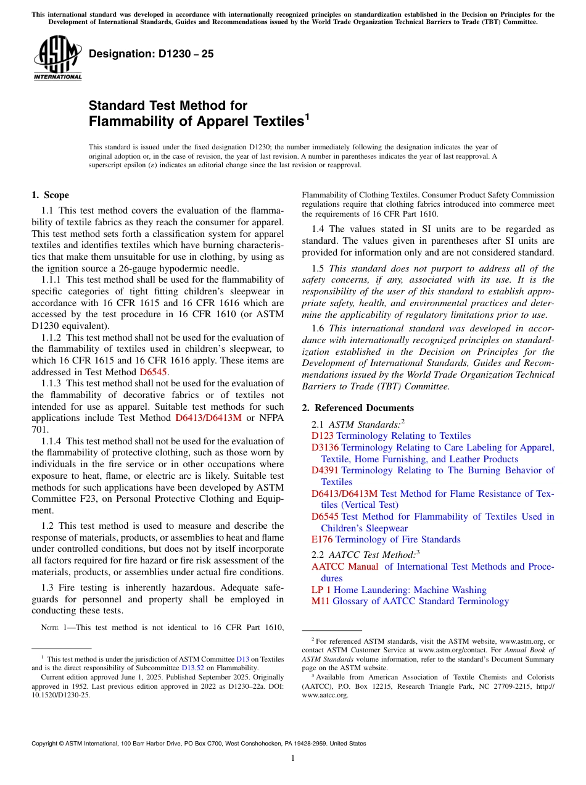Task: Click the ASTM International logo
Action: pos(57,59)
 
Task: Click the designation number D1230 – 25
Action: pos(151,54)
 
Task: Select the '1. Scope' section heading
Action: pos(51,195)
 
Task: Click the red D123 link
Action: pos(323,436)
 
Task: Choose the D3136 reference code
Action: pos(325,447)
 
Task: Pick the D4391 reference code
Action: pos(325,470)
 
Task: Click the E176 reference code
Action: pos(321,539)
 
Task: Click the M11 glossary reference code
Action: pos(320,601)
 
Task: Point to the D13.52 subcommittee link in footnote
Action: pos(191,668)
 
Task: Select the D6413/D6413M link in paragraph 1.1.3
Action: pos(209,418)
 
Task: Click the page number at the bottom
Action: pos(293,758)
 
